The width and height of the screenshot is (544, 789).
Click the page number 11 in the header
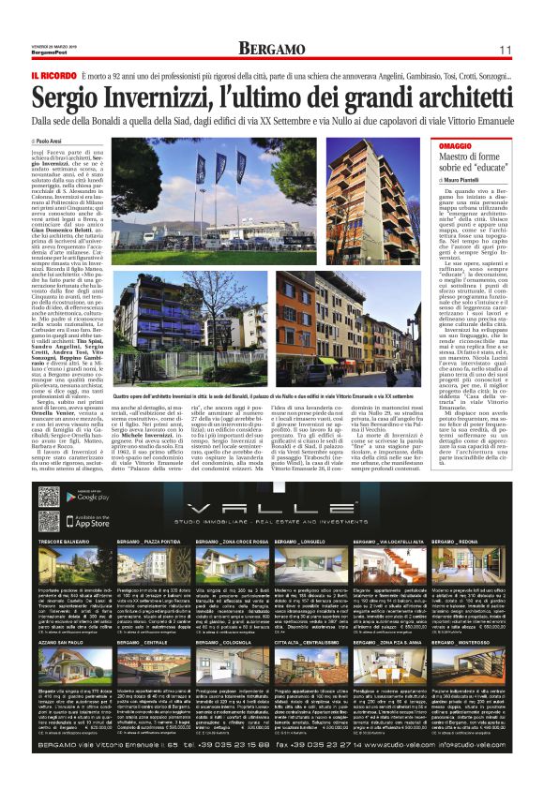coord(504,49)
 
